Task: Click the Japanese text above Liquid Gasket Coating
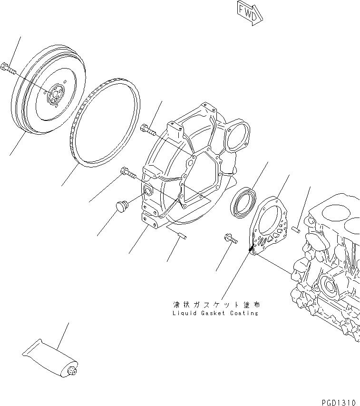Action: click(216, 304)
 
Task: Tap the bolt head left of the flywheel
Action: click(7, 68)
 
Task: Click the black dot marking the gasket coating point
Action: click(250, 248)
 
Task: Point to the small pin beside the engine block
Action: click(296, 230)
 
